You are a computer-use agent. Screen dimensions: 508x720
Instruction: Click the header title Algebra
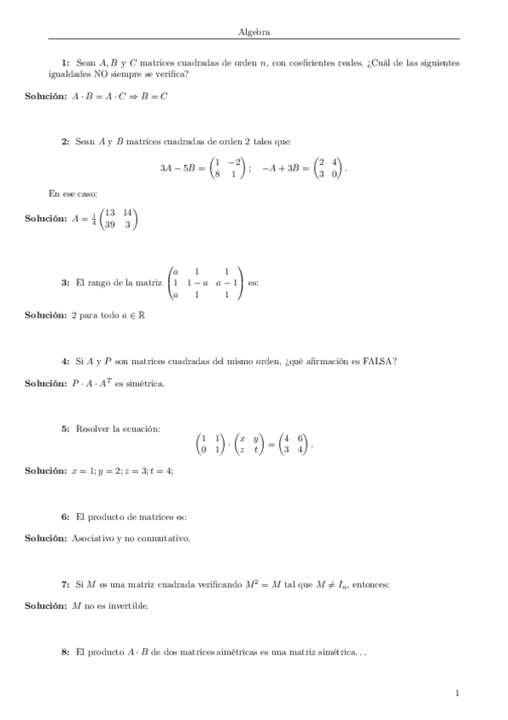click(x=255, y=31)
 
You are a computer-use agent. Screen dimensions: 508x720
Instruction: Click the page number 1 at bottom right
click(x=457, y=694)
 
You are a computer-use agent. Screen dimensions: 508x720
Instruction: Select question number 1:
click(x=65, y=63)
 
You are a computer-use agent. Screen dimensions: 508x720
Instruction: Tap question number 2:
click(x=65, y=142)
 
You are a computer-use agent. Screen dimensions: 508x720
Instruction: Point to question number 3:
click(x=65, y=282)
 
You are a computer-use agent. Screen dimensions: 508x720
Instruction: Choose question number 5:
click(x=65, y=430)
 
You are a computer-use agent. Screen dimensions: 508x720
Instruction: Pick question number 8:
click(x=65, y=652)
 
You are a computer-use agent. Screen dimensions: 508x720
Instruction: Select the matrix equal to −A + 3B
click(x=327, y=168)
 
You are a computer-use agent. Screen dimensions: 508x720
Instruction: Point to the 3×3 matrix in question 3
click(x=207, y=283)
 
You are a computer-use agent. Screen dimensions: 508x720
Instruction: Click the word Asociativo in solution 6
click(x=93, y=537)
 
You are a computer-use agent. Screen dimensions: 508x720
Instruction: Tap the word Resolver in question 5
click(x=92, y=430)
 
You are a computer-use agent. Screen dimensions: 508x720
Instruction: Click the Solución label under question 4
click(x=46, y=384)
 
